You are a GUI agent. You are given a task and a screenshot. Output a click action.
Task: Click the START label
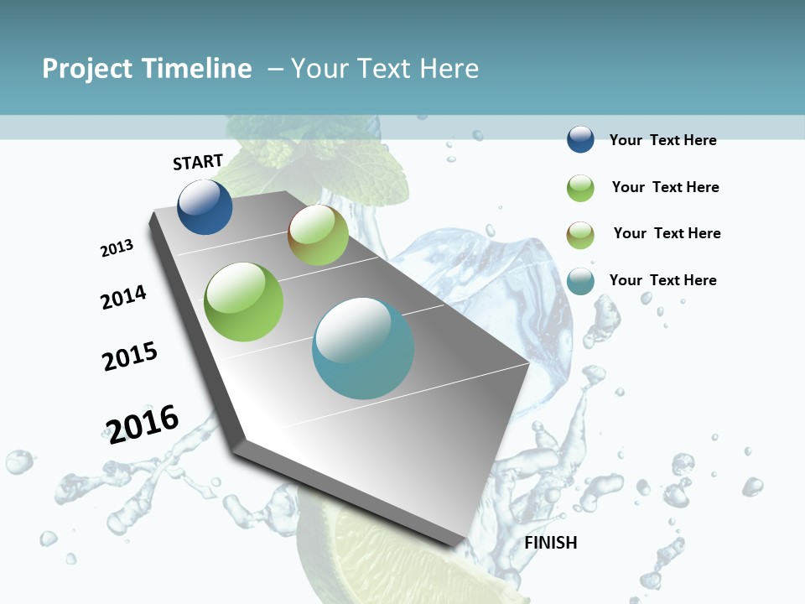[198, 162]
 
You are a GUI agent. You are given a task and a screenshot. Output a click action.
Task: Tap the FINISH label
[551, 543]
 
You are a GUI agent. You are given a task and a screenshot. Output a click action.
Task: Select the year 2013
[117, 248]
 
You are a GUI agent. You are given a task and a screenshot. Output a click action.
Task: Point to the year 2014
[123, 297]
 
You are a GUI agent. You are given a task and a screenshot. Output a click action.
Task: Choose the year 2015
[130, 357]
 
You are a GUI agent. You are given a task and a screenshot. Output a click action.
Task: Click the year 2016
[143, 424]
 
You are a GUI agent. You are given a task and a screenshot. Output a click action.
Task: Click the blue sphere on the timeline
[205, 207]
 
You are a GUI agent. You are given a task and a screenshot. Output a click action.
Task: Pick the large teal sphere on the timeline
[363, 348]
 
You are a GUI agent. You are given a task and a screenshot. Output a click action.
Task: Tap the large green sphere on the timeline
[243, 302]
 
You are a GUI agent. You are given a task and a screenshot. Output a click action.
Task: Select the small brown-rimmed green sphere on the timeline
[318, 235]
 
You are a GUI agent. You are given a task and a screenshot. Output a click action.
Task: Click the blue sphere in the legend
[580, 140]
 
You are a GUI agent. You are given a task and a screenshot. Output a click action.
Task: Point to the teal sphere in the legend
[580, 281]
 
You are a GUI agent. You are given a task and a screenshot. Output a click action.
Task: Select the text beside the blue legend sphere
[662, 140]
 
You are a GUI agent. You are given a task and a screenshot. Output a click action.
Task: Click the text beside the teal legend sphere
[662, 280]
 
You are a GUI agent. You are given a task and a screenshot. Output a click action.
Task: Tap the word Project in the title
[87, 69]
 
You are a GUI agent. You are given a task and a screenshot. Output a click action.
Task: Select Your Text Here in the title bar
[385, 69]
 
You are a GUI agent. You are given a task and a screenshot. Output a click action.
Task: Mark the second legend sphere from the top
[580, 188]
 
